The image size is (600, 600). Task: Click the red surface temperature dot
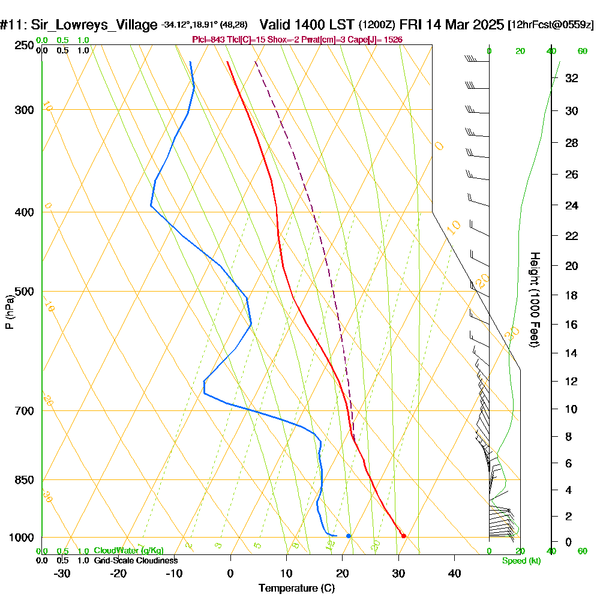click(x=404, y=536)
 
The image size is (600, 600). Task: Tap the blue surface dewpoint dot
click(x=349, y=536)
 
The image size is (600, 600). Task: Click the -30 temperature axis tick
click(x=62, y=573)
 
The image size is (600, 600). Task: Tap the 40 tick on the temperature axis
click(x=455, y=573)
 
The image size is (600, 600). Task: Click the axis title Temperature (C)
click(x=296, y=588)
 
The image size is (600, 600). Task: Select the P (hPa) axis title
click(x=9, y=312)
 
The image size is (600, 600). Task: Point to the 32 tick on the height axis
click(x=571, y=78)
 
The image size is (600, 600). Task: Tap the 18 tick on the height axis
click(x=571, y=295)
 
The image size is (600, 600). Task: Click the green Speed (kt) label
click(x=521, y=561)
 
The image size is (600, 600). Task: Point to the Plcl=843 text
click(x=208, y=40)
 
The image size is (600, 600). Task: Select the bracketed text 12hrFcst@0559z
click(x=551, y=25)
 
